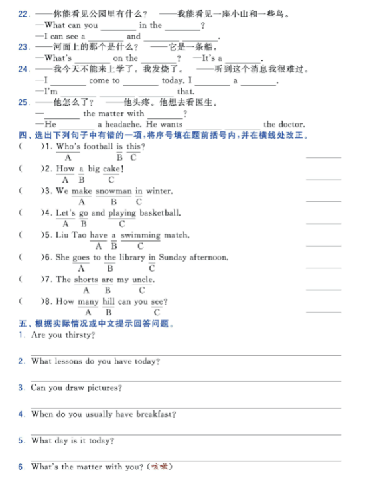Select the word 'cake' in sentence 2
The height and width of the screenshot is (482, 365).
pyautogui.click(x=111, y=169)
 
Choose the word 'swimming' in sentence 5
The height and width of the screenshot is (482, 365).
pyautogui.click(x=141, y=235)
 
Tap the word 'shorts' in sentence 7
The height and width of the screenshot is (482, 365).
pyautogui.click(x=86, y=280)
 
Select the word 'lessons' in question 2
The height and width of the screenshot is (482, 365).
pyautogui.click(x=78, y=361)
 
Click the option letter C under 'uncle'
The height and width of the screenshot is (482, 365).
pyautogui.click(x=142, y=290)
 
